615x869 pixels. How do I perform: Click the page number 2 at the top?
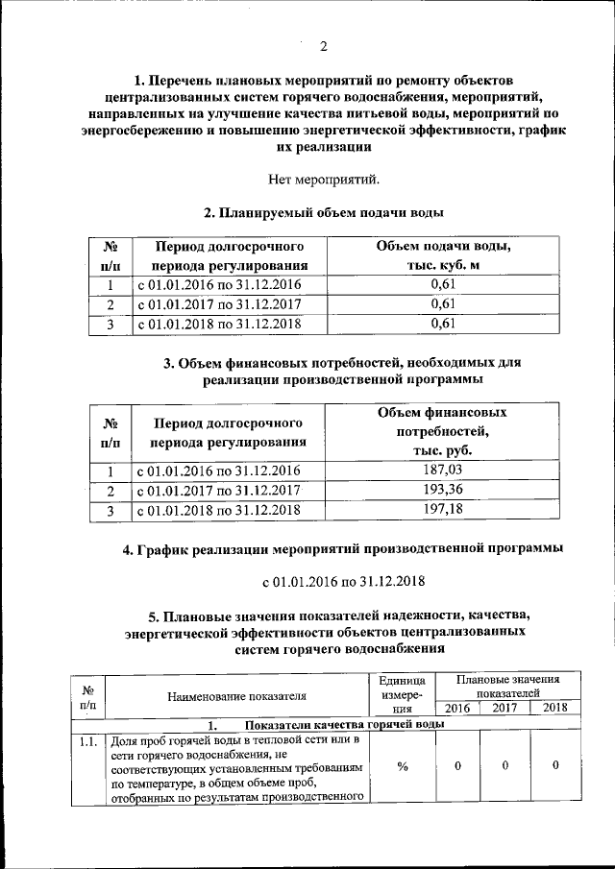(x=324, y=47)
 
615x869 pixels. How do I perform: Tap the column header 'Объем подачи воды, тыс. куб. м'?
(x=442, y=256)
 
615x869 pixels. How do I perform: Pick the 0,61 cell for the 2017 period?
(x=442, y=304)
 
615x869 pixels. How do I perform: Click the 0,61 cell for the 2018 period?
(x=442, y=324)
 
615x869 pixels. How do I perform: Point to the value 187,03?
(x=442, y=471)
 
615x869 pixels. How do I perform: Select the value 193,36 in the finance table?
(x=442, y=491)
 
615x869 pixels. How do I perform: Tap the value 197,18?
(x=442, y=511)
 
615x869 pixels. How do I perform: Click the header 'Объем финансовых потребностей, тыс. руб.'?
(x=442, y=431)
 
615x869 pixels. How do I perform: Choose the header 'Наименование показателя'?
(x=236, y=696)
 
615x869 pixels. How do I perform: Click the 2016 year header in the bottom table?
(x=457, y=708)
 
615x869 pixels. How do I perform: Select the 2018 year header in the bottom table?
(x=555, y=708)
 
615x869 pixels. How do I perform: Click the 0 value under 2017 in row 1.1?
(x=504, y=766)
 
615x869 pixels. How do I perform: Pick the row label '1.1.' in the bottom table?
(x=88, y=740)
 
